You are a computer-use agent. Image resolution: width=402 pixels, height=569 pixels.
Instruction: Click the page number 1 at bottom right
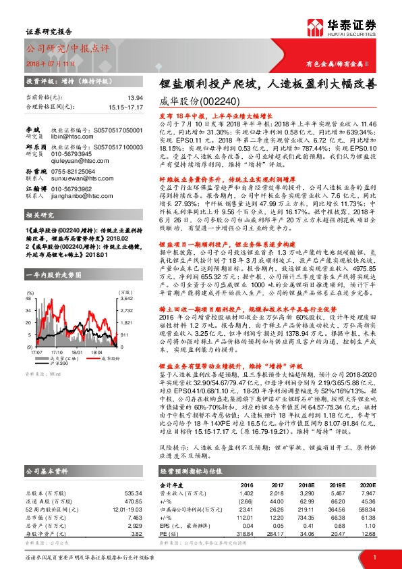coord(374,558)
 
